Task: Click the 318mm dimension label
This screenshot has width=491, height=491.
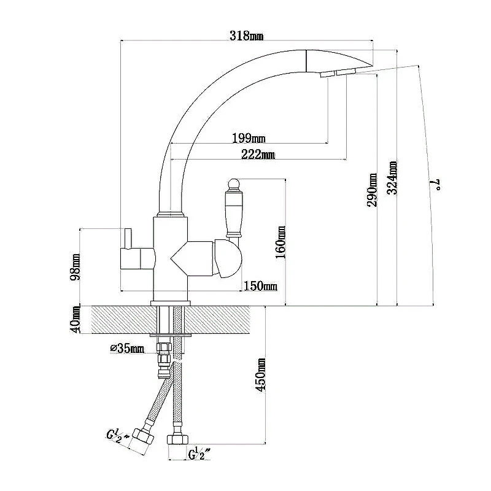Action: (x=247, y=36)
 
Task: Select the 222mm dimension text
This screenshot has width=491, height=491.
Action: (x=258, y=154)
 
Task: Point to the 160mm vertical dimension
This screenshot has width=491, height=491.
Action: (x=280, y=242)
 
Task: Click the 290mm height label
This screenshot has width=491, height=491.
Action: (x=372, y=190)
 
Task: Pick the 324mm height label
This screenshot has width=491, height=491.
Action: (x=392, y=177)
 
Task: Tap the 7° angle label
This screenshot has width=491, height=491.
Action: (x=437, y=185)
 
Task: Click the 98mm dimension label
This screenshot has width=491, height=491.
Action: (x=74, y=267)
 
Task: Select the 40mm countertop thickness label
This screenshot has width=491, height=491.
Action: (x=75, y=320)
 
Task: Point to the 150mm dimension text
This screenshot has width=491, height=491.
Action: (x=260, y=286)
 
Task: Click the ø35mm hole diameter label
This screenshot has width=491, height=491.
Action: (x=127, y=348)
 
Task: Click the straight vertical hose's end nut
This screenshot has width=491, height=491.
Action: (x=177, y=439)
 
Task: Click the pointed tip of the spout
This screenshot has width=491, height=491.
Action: (x=373, y=66)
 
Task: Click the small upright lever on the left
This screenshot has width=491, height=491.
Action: (x=128, y=239)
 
